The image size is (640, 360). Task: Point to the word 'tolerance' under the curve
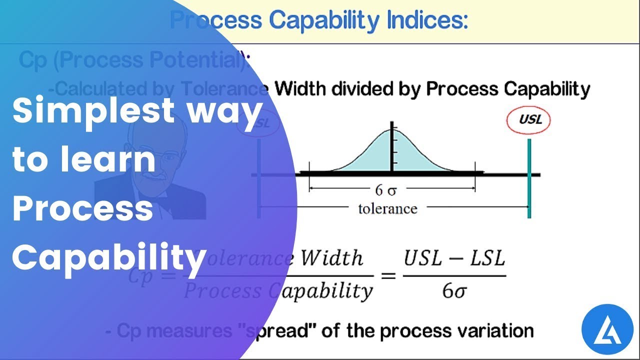point(387,208)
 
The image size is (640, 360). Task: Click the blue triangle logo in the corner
point(607,328)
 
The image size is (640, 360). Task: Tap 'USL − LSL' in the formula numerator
point(454,259)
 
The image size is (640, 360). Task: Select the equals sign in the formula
point(388,275)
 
